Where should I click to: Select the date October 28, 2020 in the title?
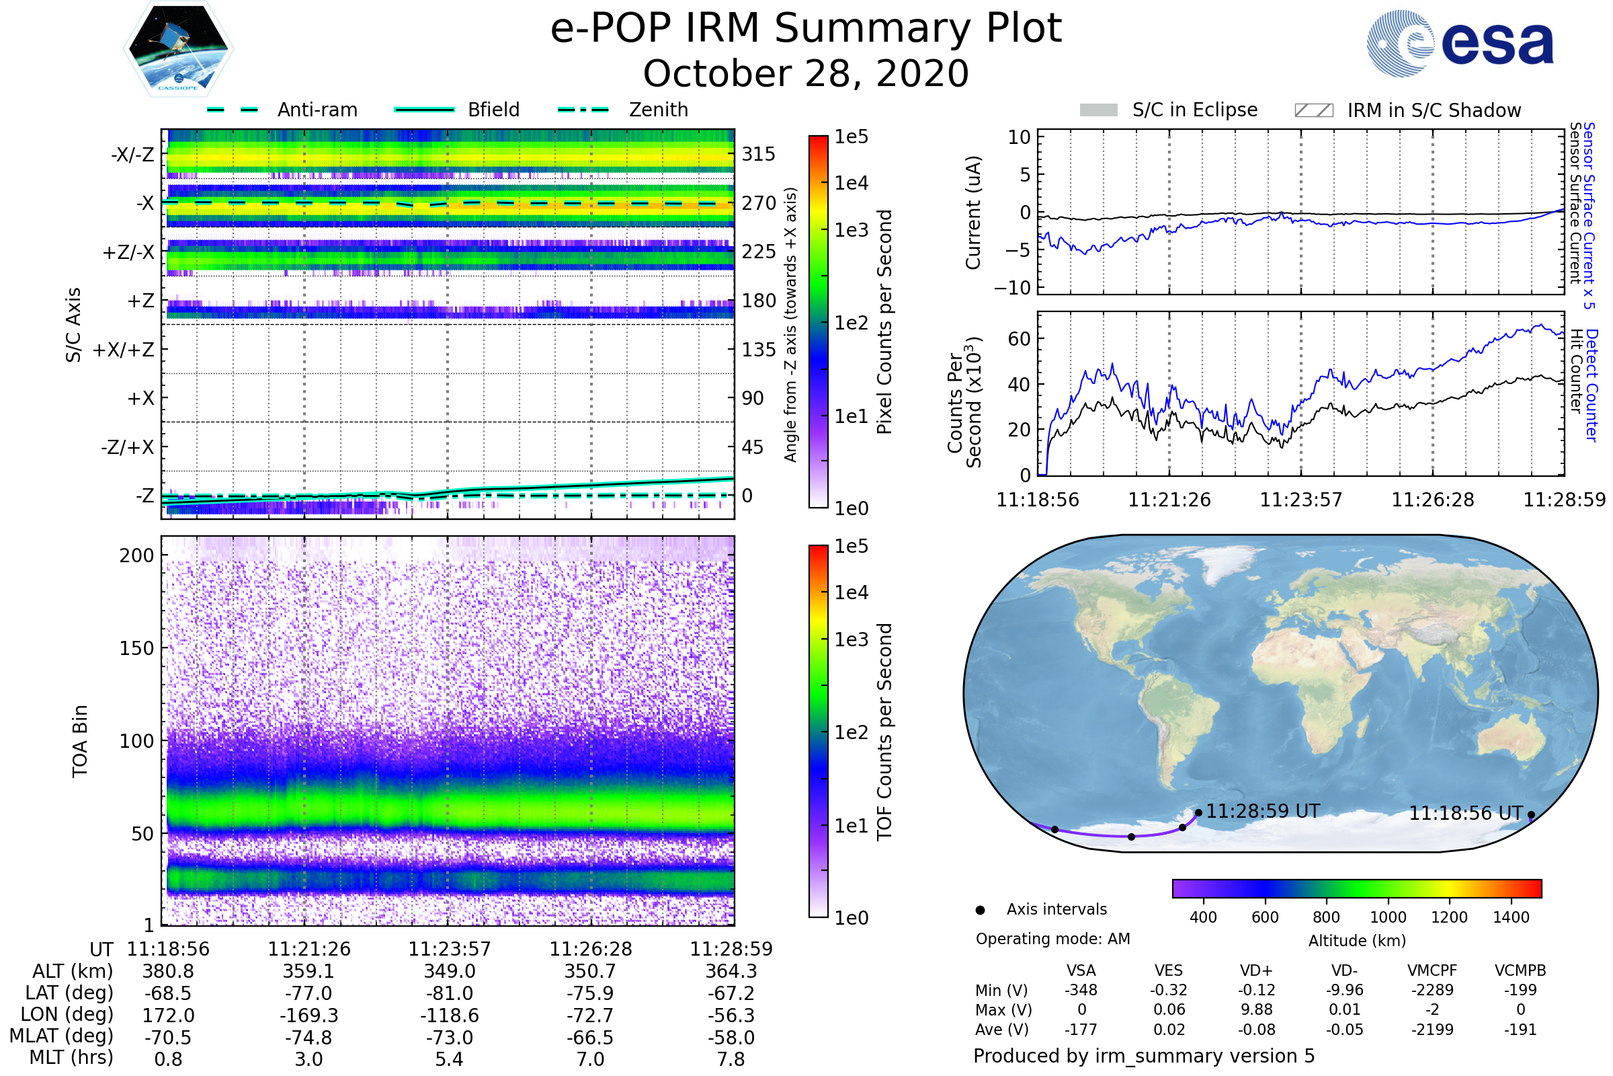click(x=806, y=73)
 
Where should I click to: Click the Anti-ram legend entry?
click(x=282, y=110)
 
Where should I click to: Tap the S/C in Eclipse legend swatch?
click(x=1099, y=110)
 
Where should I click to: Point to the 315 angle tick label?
click(x=759, y=154)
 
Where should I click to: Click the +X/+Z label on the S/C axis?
click(x=124, y=350)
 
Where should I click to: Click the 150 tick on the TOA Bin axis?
click(x=136, y=648)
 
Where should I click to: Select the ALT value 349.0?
click(x=449, y=972)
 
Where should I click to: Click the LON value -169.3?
click(x=308, y=1015)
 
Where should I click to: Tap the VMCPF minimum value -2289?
click(x=1432, y=990)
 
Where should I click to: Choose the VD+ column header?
click(x=1256, y=971)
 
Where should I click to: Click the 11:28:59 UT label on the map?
click(x=1263, y=811)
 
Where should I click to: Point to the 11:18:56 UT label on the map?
click(x=1466, y=813)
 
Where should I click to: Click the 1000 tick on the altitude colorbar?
click(x=1388, y=917)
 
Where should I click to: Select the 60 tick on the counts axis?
click(x=1019, y=339)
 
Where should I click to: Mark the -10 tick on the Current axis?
click(x=1013, y=288)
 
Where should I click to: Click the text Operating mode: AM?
click(x=1052, y=939)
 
